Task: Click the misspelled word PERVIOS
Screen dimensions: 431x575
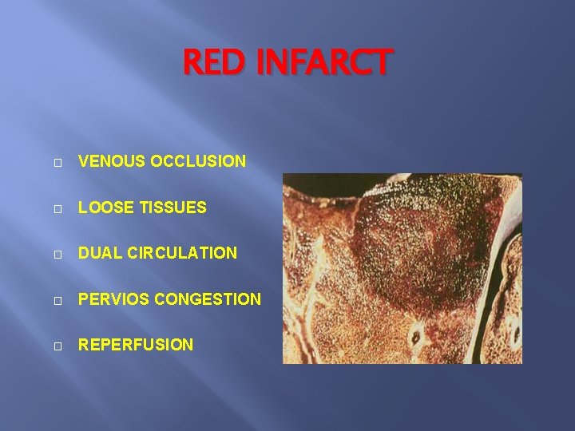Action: (113, 299)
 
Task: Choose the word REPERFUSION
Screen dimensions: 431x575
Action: (135, 345)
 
